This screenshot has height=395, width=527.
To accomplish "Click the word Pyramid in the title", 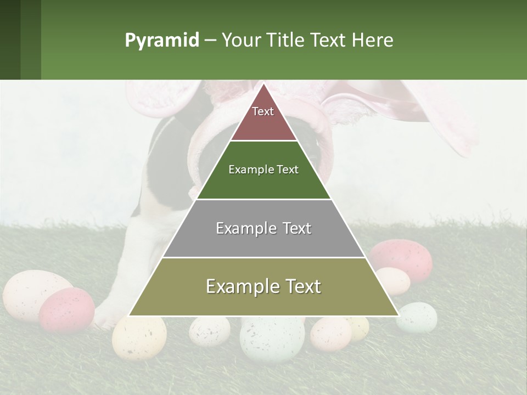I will [x=162, y=40].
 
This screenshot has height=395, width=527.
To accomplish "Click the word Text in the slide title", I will [x=329, y=40].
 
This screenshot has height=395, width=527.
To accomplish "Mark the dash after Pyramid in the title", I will [x=210, y=41].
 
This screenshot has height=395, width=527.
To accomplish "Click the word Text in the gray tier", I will [x=297, y=228].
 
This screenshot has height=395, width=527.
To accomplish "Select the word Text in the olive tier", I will [x=302, y=286].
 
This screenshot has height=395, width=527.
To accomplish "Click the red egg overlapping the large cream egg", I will [x=66, y=309].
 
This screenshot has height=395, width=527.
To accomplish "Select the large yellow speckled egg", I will [x=139, y=336].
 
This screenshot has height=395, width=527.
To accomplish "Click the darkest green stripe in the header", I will [x=10, y=39].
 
